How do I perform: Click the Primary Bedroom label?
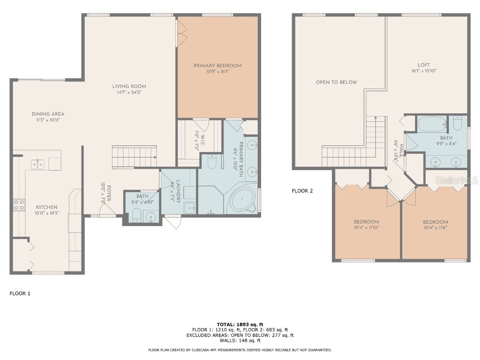(217, 66)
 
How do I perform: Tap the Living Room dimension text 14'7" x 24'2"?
(129, 92)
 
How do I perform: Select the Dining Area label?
(48, 114)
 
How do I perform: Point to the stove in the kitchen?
(19, 204)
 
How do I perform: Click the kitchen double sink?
(38, 164)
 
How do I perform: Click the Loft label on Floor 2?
(424, 65)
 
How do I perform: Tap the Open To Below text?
(336, 82)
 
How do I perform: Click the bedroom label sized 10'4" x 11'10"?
(366, 222)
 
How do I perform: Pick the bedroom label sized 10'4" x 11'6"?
(435, 222)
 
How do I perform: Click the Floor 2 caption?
(302, 191)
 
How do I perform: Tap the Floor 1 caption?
(20, 293)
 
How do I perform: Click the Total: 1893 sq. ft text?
(240, 324)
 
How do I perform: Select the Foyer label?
(109, 192)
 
